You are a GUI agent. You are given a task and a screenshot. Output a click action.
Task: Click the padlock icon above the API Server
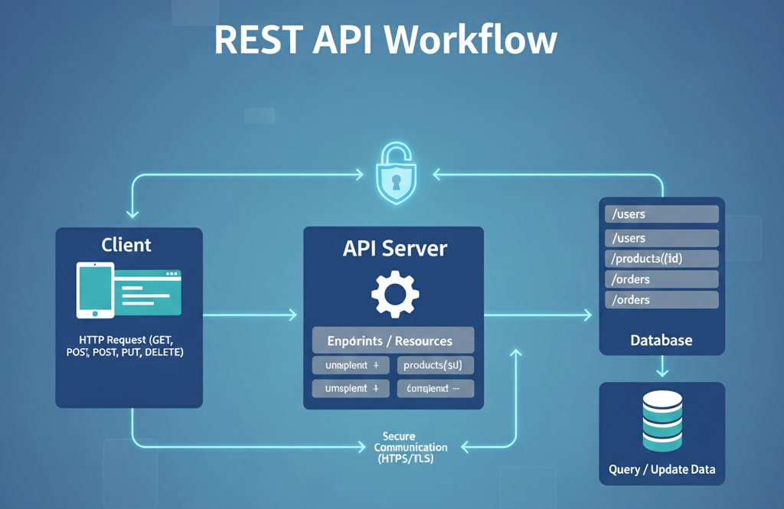point(397,175)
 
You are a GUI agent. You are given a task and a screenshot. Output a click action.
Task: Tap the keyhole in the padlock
point(397,182)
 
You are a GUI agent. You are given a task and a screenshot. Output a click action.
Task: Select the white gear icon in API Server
point(395,294)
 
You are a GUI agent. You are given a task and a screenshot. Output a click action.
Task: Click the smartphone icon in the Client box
point(95,290)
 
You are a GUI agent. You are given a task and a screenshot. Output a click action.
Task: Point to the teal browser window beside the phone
point(147,292)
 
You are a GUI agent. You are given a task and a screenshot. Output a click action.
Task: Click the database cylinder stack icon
point(662,421)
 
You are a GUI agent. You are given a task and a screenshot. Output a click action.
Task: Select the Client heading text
point(126,245)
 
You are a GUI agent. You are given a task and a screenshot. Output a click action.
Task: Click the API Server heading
point(394,248)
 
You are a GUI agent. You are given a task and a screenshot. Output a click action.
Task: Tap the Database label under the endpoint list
point(661,339)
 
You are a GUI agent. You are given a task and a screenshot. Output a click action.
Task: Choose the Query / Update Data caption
point(661,469)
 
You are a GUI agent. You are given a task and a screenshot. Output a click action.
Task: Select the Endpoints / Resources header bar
point(394,341)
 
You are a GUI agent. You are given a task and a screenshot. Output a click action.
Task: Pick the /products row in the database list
point(661,258)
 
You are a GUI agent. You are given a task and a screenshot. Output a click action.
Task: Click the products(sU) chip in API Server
point(435,365)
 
